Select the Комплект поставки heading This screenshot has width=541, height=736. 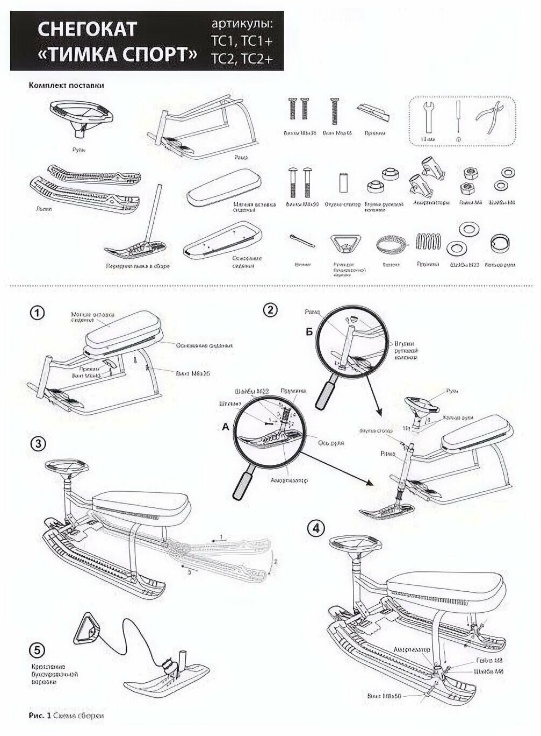click(66, 86)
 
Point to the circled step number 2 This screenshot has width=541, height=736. click(270, 309)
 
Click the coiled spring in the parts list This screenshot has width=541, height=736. click(428, 245)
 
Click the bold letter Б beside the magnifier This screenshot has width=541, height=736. click(308, 331)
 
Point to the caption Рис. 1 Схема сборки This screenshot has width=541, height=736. click(66, 716)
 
